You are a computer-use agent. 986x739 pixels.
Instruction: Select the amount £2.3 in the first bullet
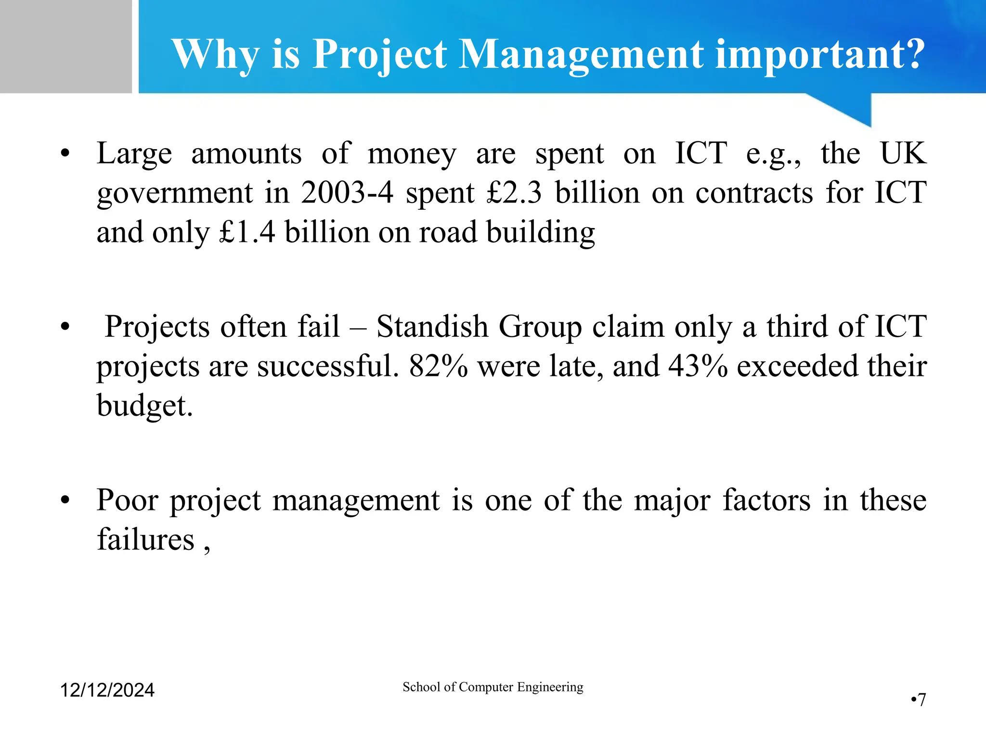(x=514, y=193)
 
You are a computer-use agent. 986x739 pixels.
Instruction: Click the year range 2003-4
(x=347, y=193)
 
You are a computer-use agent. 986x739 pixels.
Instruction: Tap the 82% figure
(x=438, y=366)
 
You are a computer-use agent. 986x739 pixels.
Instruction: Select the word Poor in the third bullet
(x=127, y=500)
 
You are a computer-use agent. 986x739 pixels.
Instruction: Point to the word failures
(x=145, y=539)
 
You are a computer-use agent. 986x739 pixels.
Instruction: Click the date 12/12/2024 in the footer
(x=107, y=690)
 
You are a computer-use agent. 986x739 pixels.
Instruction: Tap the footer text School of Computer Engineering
(x=493, y=687)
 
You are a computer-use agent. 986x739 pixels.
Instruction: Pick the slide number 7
(x=921, y=700)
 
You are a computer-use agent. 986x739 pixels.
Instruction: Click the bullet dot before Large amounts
(x=65, y=154)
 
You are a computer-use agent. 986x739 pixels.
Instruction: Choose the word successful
(x=328, y=366)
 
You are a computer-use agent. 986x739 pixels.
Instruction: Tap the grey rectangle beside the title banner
(x=65, y=46)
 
